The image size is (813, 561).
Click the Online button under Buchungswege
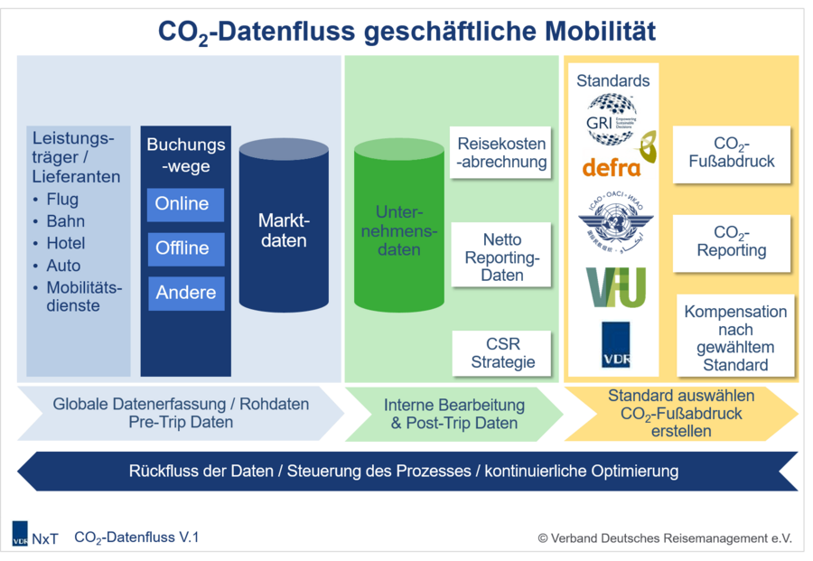point(185,205)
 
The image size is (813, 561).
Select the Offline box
point(185,248)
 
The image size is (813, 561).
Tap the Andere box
point(185,293)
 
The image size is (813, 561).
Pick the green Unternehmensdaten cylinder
point(398,230)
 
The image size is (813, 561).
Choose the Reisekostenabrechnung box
point(501,154)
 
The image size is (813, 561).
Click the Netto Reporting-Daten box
point(501,257)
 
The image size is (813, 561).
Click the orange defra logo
point(612,167)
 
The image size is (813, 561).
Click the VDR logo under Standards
point(615,345)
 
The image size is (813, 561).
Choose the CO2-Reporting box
point(732,241)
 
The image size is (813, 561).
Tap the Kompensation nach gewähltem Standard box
point(735,338)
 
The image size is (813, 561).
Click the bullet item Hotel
point(66,244)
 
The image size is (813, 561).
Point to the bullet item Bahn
point(65,221)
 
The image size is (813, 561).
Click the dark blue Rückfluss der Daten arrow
point(406,472)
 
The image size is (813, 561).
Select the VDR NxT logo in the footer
point(34,538)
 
